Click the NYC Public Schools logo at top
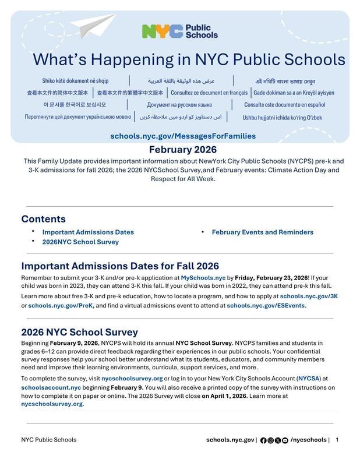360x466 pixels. pyautogui.click(x=179, y=31)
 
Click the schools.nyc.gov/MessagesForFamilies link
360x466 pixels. pyautogui.click(x=183, y=136)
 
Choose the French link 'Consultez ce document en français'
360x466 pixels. pyautogui.click(x=209, y=93)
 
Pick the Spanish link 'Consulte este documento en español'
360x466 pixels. pyautogui.click(x=284, y=105)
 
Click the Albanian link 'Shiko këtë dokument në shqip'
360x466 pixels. pyautogui.click(x=75, y=80)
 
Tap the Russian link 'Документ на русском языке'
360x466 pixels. pyautogui.click(x=179, y=105)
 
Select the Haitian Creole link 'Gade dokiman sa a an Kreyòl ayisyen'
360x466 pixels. pyautogui.click(x=294, y=93)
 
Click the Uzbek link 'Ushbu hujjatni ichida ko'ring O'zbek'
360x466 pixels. pyautogui.click(x=282, y=117)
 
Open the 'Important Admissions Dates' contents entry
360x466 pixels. pyautogui.click(x=88, y=232)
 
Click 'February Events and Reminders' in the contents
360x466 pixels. pyautogui.click(x=262, y=232)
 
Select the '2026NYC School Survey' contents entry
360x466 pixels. pyautogui.click(x=80, y=242)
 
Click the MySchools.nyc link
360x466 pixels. pyautogui.click(x=203, y=278)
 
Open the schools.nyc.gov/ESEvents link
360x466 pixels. pyautogui.click(x=266, y=305)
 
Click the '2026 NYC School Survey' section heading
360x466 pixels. pyautogui.click(x=79, y=333)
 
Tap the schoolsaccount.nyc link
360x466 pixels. pyautogui.click(x=51, y=387)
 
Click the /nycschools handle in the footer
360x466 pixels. pyautogui.click(x=308, y=440)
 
